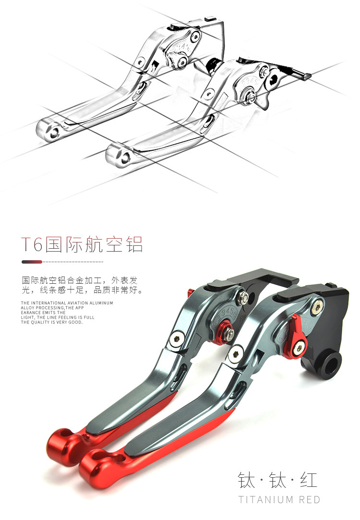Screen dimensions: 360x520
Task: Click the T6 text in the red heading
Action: tap(32, 244)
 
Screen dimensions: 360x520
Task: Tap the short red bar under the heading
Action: tap(32, 262)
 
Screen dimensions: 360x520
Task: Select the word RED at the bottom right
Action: tap(310, 500)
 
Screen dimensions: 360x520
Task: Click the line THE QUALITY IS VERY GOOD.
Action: tap(52, 323)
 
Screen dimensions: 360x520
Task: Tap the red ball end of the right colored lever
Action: tap(96, 464)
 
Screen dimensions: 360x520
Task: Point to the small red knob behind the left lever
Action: tap(190, 291)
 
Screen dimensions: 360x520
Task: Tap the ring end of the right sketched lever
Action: tap(118, 154)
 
